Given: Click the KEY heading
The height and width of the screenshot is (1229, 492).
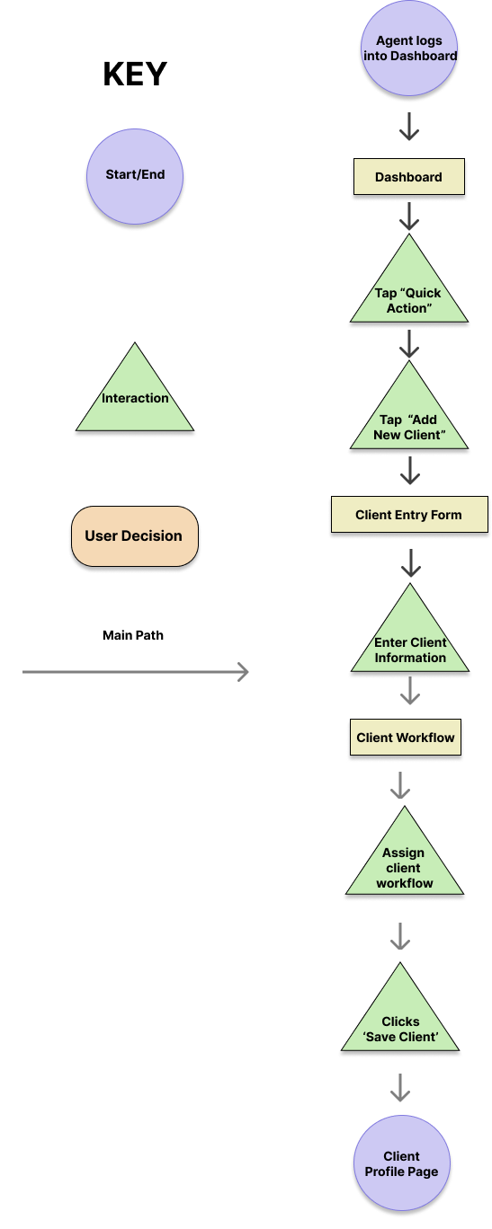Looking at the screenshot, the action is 135,74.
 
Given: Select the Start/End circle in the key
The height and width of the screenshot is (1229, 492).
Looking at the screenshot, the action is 135,176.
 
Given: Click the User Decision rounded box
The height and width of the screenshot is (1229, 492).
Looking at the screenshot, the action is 135,536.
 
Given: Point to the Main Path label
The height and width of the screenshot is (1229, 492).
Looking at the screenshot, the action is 133,635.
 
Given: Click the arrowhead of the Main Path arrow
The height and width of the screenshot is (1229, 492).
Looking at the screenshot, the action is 247,672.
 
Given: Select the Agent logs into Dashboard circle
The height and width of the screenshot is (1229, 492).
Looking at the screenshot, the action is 409,49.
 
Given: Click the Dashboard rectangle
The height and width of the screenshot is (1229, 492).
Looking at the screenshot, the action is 409,177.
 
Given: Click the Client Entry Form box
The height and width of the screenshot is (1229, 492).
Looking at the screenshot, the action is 409,515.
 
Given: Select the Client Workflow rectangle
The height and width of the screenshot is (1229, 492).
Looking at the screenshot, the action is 406,738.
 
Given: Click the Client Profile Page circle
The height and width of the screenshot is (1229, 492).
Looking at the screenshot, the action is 402,1163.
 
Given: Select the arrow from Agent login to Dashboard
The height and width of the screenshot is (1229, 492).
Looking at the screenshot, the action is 409,127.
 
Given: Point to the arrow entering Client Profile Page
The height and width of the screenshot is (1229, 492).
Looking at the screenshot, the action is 400,1087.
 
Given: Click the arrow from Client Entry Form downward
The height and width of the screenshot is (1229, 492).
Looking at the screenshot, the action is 411,563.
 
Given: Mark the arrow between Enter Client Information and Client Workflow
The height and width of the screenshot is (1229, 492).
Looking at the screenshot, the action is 410,690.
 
